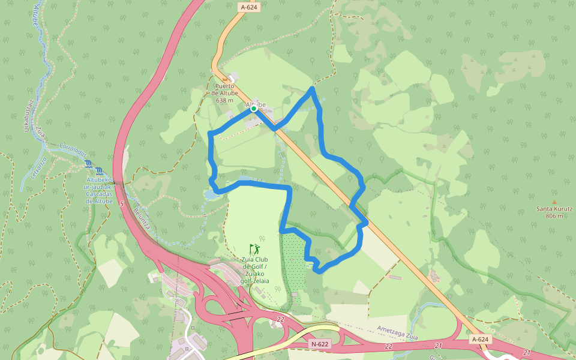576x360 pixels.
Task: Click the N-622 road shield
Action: pos(320,344)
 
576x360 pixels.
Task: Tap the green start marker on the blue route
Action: pos(254,109)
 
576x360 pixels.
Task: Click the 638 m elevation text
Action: pos(225,100)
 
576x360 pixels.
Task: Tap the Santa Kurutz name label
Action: pos(554,209)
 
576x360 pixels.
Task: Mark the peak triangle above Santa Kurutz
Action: pos(554,202)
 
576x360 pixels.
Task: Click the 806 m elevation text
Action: pos(554,216)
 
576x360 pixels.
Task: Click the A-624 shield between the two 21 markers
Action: pos(481,340)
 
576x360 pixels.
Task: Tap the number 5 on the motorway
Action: pos(122,205)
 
